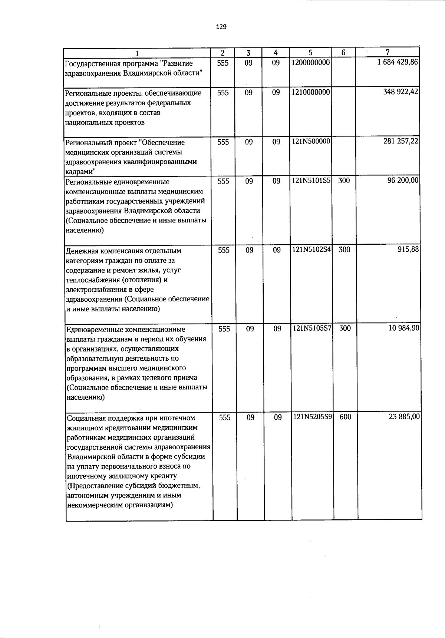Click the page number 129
point(221,27)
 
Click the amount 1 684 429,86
point(398,63)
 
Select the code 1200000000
point(311,63)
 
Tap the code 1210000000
point(311,92)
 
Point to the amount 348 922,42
point(400,92)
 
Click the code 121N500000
point(311,142)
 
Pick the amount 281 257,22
point(401,142)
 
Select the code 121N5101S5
point(311,181)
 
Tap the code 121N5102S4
point(312,250)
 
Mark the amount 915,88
point(409,250)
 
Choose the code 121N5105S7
point(312,328)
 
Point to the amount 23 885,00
point(404,417)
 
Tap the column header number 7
point(388,52)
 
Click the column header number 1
point(137,53)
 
